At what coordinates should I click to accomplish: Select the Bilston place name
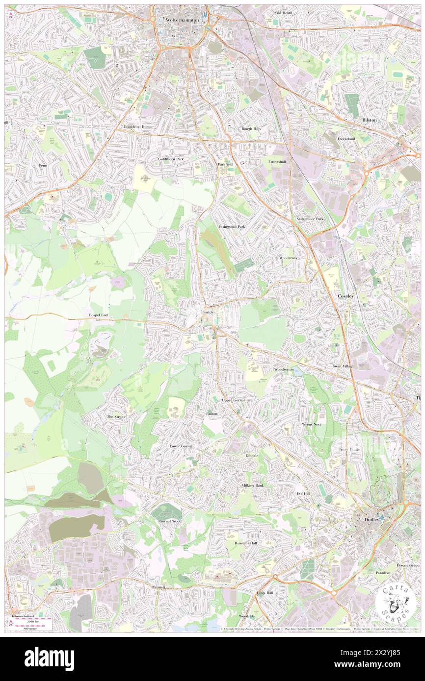[x=370, y=120]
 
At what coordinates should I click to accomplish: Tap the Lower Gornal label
[x=181, y=446]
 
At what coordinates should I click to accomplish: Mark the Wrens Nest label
[x=311, y=424]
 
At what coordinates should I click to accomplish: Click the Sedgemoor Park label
[x=310, y=219]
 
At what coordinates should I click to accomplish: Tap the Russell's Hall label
[x=245, y=543]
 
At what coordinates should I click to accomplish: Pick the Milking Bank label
[x=252, y=485]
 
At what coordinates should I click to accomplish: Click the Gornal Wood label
[x=170, y=521]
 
